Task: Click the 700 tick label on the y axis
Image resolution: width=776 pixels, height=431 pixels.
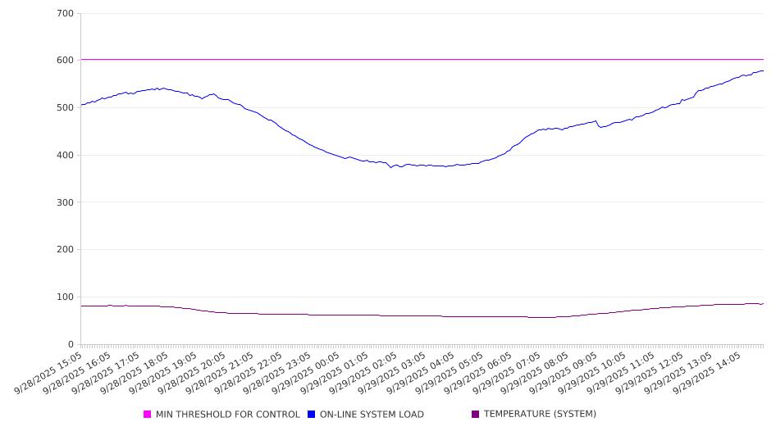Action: click(x=66, y=14)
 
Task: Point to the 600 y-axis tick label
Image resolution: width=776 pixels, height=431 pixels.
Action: click(x=66, y=61)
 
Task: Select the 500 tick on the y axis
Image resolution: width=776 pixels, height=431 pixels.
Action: click(x=66, y=108)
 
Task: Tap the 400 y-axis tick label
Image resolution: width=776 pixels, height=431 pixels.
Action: click(x=66, y=156)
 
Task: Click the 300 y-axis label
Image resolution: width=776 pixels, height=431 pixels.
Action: click(x=66, y=202)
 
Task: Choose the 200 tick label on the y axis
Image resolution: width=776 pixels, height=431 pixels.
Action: click(x=66, y=250)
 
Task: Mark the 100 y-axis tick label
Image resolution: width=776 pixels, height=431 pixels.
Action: click(x=66, y=297)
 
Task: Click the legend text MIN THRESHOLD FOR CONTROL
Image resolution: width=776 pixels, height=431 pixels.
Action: click(x=227, y=415)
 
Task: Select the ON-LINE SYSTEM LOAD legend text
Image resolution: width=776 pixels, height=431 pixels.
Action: click(x=372, y=415)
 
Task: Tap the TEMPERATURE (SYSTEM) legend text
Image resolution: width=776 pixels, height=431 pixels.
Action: click(x=540, y=415)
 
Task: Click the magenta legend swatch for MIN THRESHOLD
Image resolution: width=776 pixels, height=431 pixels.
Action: click(x=148, y=415)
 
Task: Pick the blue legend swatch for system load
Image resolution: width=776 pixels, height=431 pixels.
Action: click(x=312, y=415)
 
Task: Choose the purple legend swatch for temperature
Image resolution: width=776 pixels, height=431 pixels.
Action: click(x=476, y=415)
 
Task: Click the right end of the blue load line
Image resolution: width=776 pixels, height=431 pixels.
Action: click(x=763, y=70)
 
